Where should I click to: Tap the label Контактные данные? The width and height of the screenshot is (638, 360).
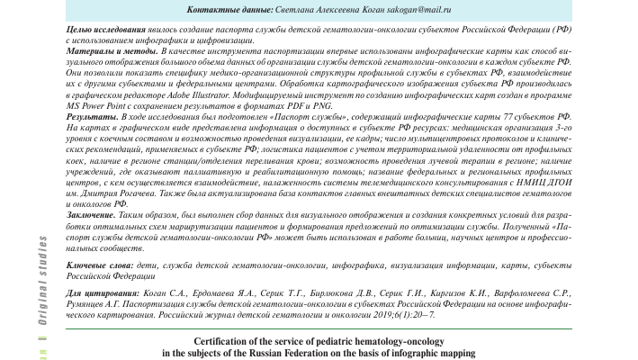[220, 9]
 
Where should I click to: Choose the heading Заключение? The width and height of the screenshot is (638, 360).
[94, 214]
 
